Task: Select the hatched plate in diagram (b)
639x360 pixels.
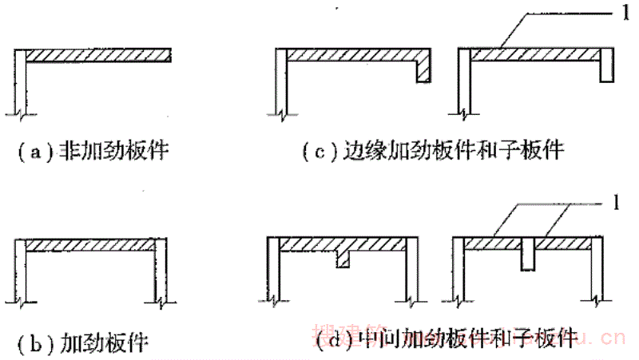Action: [x=92, y=246]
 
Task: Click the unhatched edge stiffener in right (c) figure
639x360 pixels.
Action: [x=606, y=65]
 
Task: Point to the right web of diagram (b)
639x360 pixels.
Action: [x=161, y=271]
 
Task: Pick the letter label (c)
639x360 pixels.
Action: [x=320, y=150]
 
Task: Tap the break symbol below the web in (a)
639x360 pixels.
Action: [x=19, y=109]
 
